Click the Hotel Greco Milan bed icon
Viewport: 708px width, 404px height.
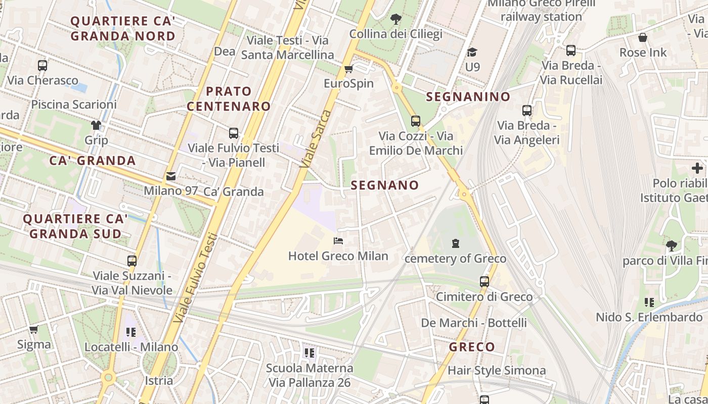[x=338, y=241]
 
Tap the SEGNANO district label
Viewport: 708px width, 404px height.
[x=385, y=185]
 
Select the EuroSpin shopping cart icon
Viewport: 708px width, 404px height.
[x=348, y=69]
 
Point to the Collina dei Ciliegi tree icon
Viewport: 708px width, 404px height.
[x=396, y=19]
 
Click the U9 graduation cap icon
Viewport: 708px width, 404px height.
[x=472, y=52]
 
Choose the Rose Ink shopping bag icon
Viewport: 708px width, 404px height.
[x=643, y=37]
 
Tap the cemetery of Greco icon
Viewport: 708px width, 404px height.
[x=455, y=244]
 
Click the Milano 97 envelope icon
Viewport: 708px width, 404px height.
[x=171, y=176]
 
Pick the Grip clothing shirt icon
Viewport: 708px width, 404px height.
[x=96, y=125]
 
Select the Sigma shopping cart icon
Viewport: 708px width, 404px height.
[x=34, y=330]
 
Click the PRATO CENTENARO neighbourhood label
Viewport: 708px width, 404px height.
[x=229, y=98]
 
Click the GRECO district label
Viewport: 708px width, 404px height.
[x=472, y=347]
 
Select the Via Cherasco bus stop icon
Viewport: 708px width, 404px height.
[x=42, y=65]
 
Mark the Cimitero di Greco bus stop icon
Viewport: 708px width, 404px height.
[x=484, y=282]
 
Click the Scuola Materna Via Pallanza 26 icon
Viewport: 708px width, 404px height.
[x=309, y=352]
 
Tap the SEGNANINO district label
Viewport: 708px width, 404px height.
[x=468, y=96]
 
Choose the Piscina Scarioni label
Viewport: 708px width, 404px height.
[x=74, y=105]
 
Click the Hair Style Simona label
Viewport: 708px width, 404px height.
[x=497, y=370]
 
